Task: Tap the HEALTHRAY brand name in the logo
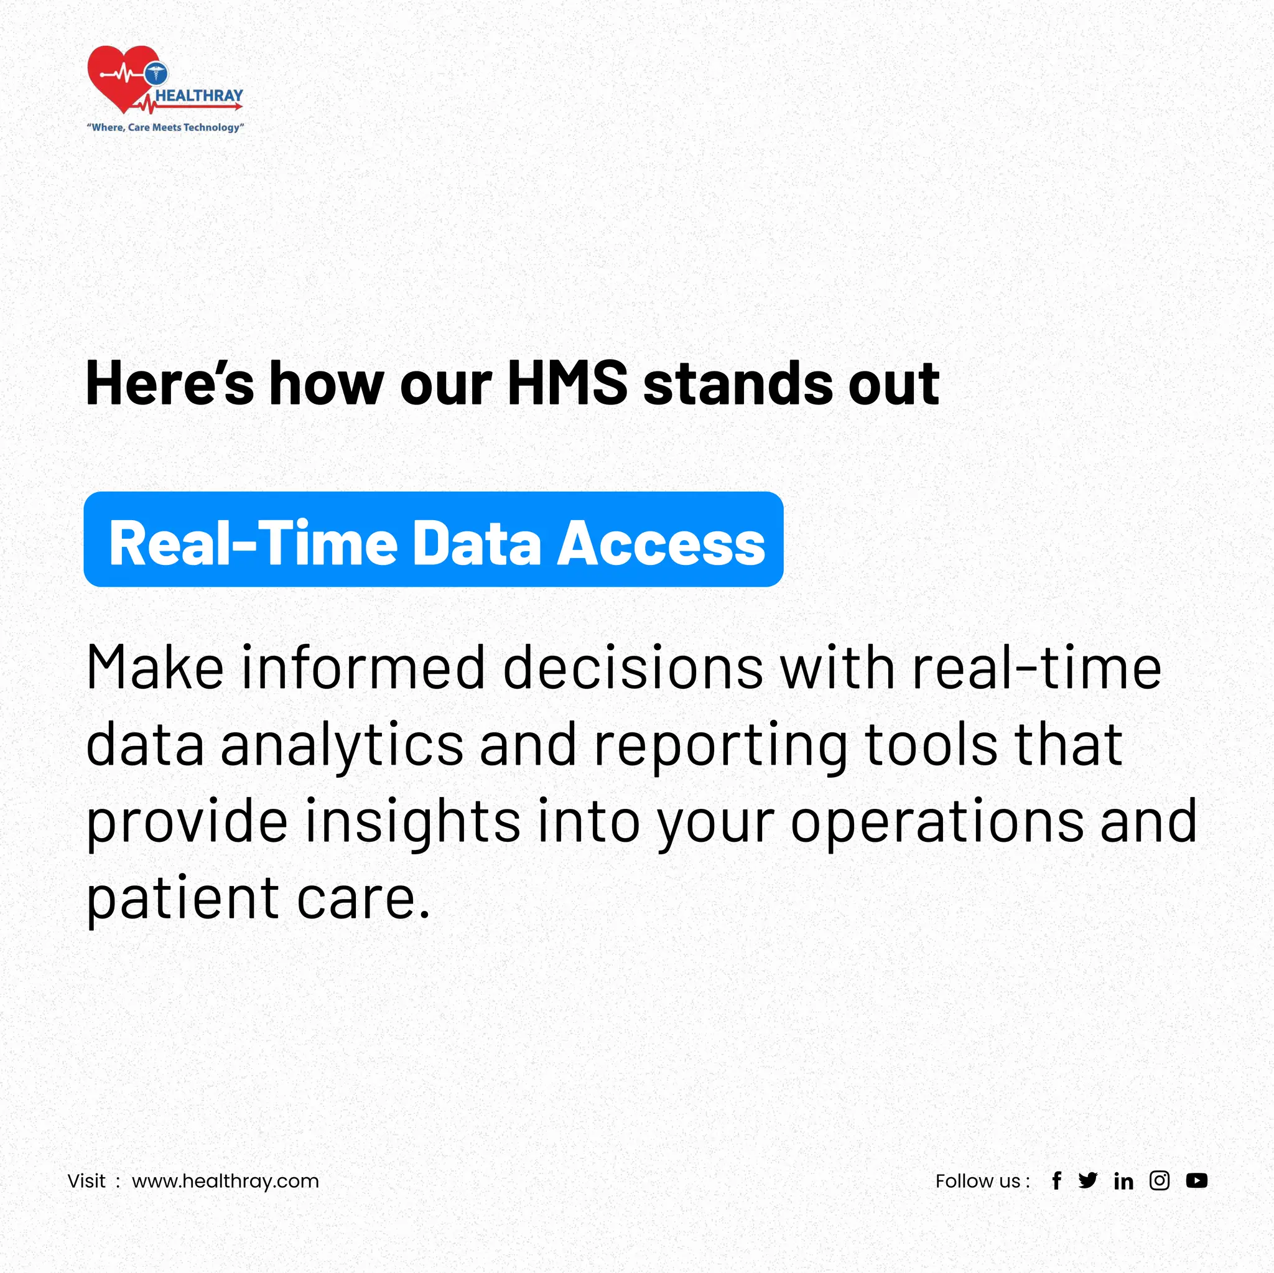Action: (x=199, y=96)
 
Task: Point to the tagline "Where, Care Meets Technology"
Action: (x=165, y=128)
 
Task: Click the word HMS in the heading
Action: (x=567, y=383)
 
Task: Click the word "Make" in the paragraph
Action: (x=155, y=668)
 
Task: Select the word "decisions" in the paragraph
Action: (x=633, y=668)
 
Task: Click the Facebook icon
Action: (x=1056, y=1181)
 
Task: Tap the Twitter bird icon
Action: (x=1088, y=1180)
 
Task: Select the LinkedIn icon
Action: (x=1123, y=1181)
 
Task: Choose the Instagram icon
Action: (x=1160, y=1180)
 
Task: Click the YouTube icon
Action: (x=1196, y=1181)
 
